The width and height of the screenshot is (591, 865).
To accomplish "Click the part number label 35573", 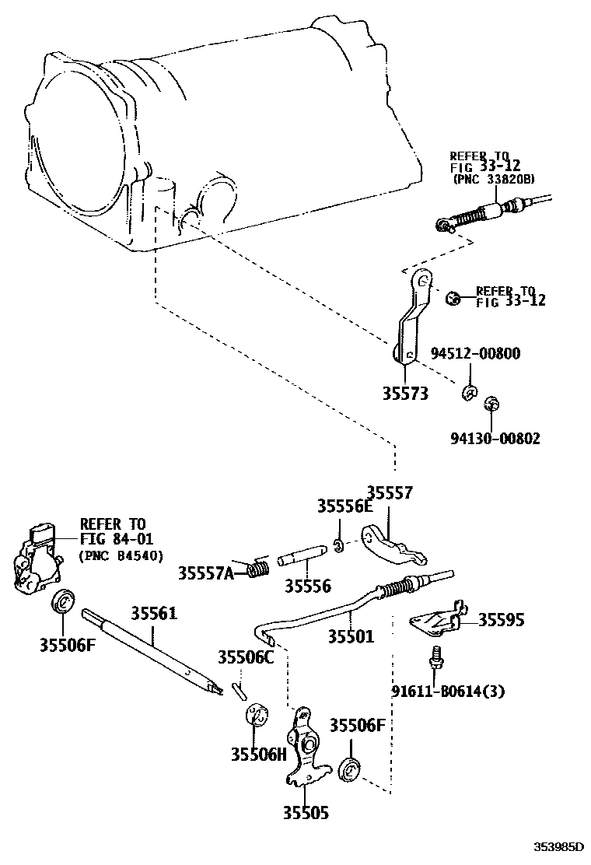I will pyautogui.click(x=404, y=394).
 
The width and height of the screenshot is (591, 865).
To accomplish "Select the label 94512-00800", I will pyautogui.click(x=475, y=353).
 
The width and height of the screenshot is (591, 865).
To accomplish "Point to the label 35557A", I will pyautogui.click(x=205, y=573).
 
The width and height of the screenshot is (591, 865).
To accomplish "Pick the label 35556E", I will pyautogui.click(x=344, y=506).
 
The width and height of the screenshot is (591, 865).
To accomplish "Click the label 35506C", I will pyautogui.click(x=246, y=658).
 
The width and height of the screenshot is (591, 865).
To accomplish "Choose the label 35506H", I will pyautogui.click(x=259, y=754).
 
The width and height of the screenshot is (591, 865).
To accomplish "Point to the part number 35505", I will pyautogui.click(x=305, y=814).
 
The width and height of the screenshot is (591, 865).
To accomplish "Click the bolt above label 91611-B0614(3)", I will pyautogui.click(x=436, y=657).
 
